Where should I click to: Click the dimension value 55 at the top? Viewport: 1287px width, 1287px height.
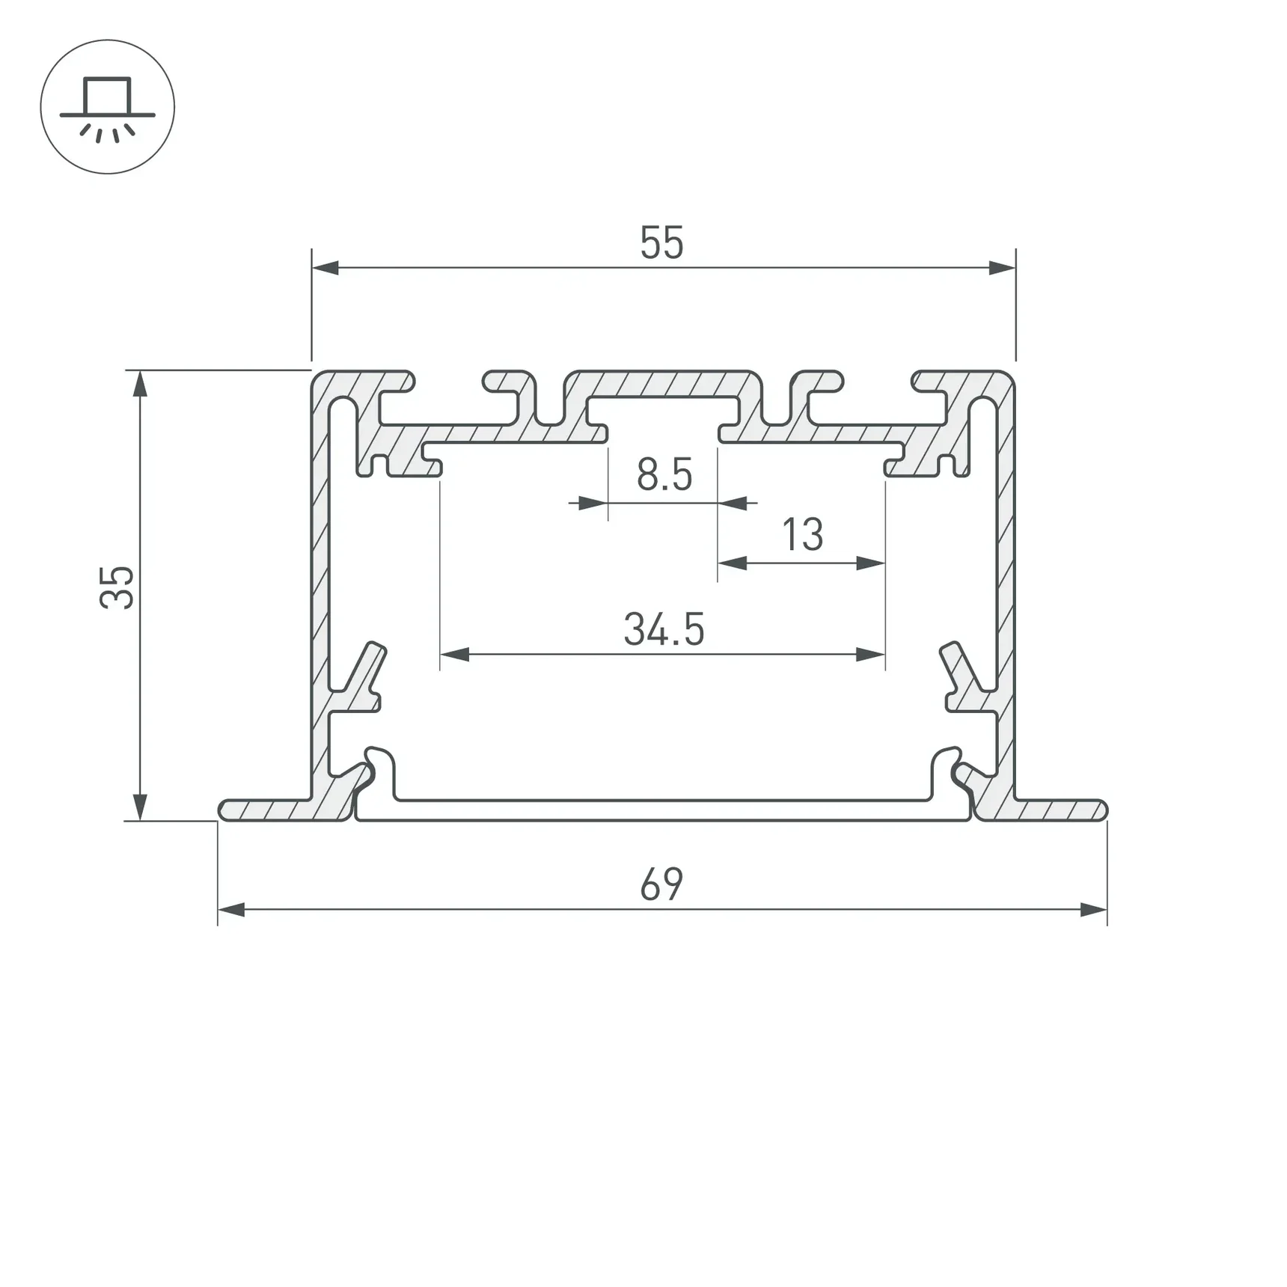[661, 243]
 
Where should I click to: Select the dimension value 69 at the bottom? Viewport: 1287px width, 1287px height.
[661, 884]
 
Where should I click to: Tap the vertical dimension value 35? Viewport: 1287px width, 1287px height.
[117, 587]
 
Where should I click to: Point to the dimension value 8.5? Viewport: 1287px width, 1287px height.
[664, 475]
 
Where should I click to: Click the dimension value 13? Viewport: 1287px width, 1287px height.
[802, 535]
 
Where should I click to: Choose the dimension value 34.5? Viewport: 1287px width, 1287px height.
[664, 629]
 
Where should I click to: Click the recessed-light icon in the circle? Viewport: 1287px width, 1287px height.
[108, 107]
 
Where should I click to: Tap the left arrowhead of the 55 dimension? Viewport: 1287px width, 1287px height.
[325, 268]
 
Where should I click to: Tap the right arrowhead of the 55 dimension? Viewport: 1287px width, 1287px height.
[1002, 268]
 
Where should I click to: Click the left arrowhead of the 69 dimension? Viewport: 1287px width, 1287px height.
[231, 910]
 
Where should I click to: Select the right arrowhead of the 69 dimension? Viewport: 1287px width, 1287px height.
[1093, 910]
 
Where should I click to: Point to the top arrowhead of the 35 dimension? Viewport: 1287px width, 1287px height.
[140, 383]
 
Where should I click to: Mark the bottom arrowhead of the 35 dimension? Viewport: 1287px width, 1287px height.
[140, 807]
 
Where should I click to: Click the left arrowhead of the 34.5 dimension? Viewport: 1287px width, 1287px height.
[454, 655]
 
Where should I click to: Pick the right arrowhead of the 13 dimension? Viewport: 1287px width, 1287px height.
[871, 563]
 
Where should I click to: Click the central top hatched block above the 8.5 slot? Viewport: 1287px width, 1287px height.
[663, 383]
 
